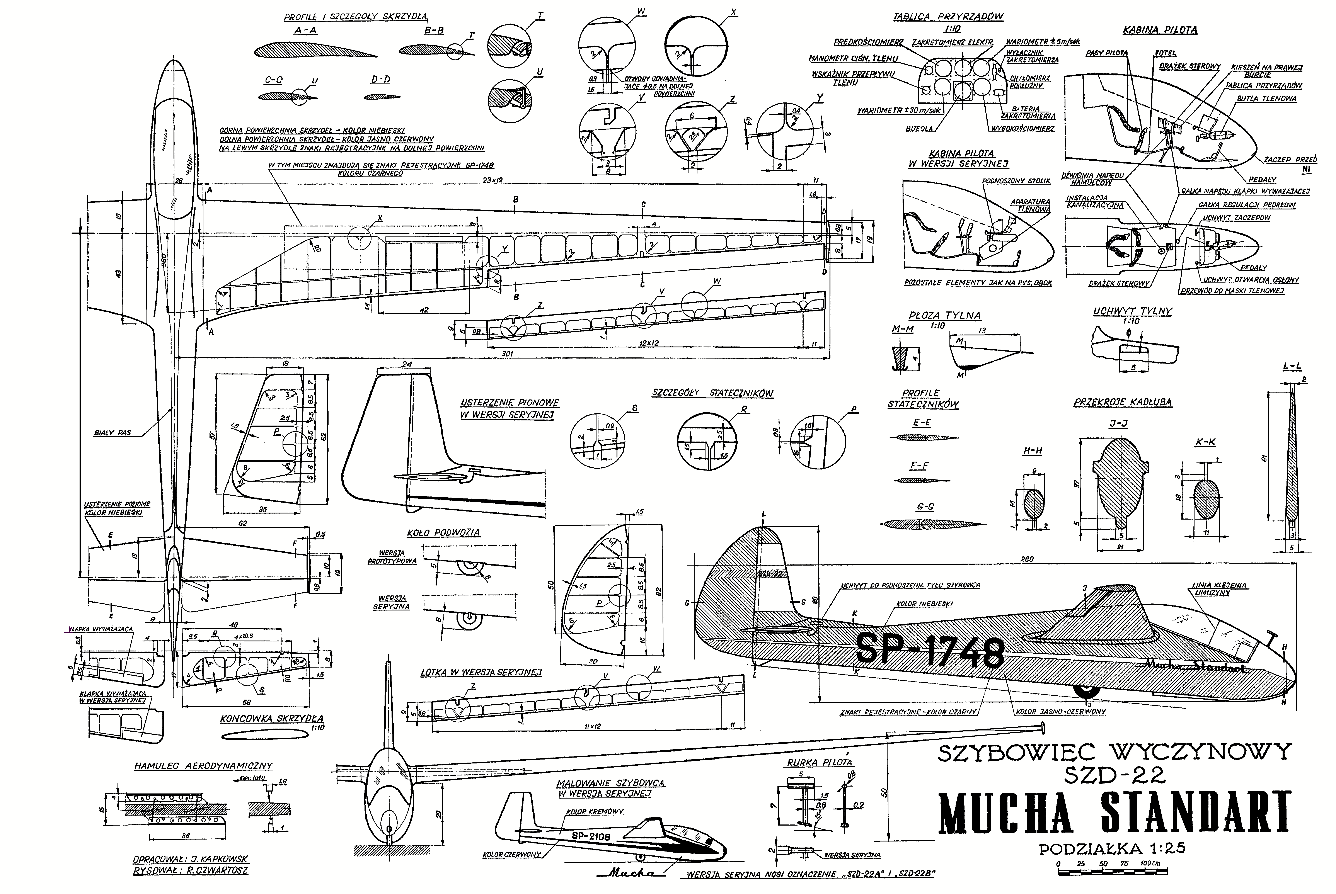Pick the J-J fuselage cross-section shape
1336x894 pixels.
tap(1113, 489)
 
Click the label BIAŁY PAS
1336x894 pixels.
tap(112, 433)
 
